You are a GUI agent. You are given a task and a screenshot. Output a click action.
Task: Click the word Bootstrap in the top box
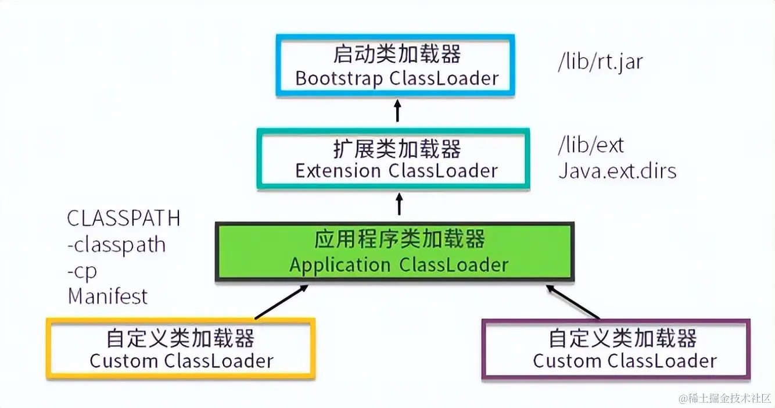pyautogui.click(x=339, y=78)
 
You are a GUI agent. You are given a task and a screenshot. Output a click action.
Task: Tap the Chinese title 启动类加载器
pyautogui.click(x=397, y=53)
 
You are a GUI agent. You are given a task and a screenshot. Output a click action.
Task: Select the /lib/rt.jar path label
pyautogui.click(x=600, y=62)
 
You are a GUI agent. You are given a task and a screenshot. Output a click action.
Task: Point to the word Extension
pyautogui.click(x=338, y=171)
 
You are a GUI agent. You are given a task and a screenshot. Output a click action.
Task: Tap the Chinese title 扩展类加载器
pyautogui.click(x=397, y=149)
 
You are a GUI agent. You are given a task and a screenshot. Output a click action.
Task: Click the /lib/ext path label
pyautogui.click(x=591, y=145)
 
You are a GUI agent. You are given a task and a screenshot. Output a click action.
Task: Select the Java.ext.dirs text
pyautogui.click(x=618, y=171)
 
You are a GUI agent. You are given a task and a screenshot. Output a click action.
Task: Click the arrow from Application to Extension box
pyautogui.click(x=399, y=204)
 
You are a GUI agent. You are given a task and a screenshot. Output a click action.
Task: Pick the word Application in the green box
pyautogui.click(x=340, y=266)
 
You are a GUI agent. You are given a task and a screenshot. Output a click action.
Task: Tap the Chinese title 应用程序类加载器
pyautogui.click(x=400, y=239)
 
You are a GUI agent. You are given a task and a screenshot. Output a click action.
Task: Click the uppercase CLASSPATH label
pyautogui.click(x=124, y=219)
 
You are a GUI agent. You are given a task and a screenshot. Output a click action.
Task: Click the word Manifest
pyautogui.click(x=107, y=296)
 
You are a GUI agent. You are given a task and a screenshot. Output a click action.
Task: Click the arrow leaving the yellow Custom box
pyautogui.click(x=281, y=302)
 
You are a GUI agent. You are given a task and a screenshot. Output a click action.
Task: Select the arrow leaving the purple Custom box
pyautogui.click(x=573, y=302)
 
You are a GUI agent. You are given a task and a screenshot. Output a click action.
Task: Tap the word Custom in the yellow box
pyautogui.click(x=124, y=362)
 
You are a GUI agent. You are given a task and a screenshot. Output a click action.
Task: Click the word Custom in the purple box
pyautogui.click(x=567, y=362)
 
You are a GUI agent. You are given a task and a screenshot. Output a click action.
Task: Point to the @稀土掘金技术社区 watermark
pyautogui.click(x=724, y=398)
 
